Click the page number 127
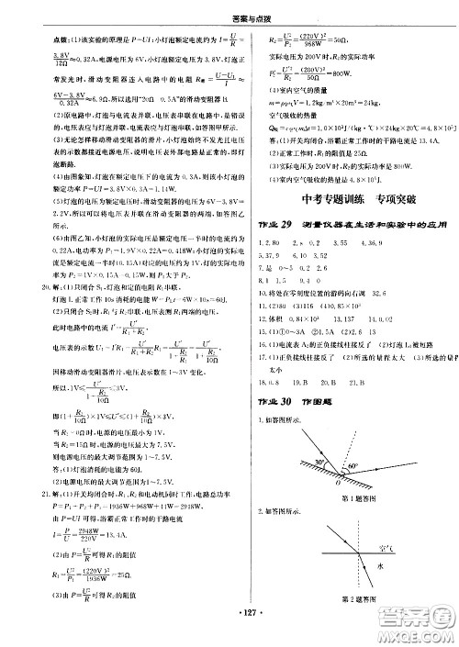pos(229,634)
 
